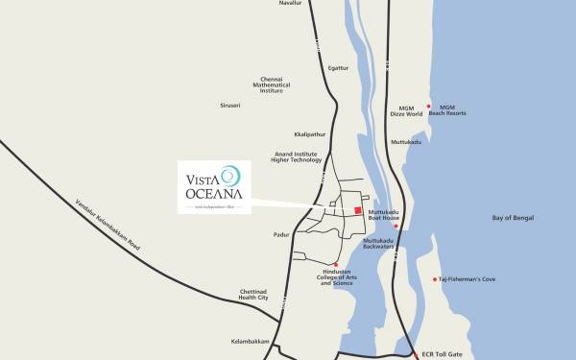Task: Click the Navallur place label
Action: point(291,3)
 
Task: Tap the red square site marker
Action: point(358,210)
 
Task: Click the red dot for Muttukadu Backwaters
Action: point(396,227)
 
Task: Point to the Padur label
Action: point(255,232)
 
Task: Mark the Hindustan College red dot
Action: point(336,264)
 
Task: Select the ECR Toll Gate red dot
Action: point(416,353)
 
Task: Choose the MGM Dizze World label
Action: point(407,110)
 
